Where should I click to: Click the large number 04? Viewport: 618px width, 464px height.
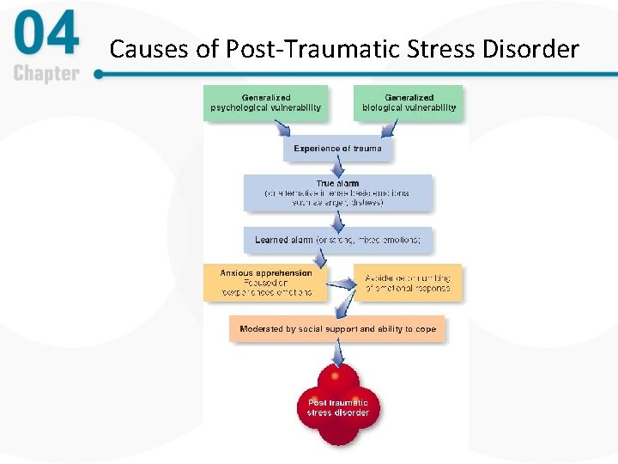[47, 36]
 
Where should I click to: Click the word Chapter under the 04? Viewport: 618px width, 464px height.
[47, 73]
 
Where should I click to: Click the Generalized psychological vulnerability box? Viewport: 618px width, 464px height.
[266, 103]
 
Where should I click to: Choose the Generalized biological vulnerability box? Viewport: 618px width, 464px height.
[409, 103]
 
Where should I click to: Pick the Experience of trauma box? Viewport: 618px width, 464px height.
[337, 149]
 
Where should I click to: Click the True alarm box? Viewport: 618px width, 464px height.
[337, 192]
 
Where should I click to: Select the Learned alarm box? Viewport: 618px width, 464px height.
[337, 240]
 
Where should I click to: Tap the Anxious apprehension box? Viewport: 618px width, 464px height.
[265, 283]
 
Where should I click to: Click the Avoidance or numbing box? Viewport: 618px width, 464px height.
[408, 283]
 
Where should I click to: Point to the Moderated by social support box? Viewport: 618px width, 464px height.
[337, 329]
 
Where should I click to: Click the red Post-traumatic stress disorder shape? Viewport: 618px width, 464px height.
[337, 404]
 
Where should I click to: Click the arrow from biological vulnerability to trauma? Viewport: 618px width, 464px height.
[391, 130]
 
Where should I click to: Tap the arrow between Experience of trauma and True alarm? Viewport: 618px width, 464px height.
[337, 168]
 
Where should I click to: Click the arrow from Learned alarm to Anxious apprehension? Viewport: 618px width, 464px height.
[321, 258]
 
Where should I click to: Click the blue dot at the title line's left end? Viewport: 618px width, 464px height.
[98, 74]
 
